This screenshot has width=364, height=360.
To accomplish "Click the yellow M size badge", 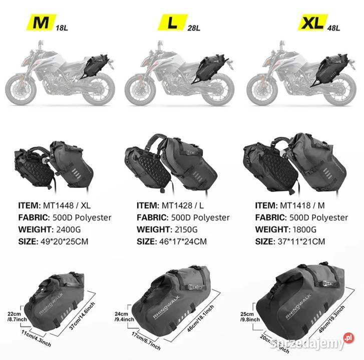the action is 41,22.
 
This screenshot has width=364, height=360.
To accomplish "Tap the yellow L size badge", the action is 173,22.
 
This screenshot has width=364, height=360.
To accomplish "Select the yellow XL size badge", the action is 313,22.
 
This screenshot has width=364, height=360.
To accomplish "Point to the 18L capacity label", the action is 62,28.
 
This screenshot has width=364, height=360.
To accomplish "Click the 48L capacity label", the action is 333,28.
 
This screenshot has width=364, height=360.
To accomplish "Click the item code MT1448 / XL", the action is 67,205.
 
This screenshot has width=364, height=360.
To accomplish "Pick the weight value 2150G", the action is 186,229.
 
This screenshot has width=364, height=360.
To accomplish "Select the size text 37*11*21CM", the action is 301,241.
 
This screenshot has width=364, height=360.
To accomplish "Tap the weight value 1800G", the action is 304,229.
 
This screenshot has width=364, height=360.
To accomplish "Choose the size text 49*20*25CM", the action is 64,241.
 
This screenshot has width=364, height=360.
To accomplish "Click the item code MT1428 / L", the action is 182,205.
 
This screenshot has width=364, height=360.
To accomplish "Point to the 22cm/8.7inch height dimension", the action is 17,316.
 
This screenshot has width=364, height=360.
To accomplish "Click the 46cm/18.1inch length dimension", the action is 200,318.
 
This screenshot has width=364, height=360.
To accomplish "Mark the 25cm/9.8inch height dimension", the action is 250,316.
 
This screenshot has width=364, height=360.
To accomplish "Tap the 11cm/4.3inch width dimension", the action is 36,338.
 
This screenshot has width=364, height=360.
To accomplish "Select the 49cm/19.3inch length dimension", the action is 331,319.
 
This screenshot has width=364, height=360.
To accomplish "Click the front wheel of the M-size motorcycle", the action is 21,89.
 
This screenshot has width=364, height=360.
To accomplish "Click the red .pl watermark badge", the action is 349,338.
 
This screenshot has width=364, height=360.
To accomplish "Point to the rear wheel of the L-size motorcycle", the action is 219,90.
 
